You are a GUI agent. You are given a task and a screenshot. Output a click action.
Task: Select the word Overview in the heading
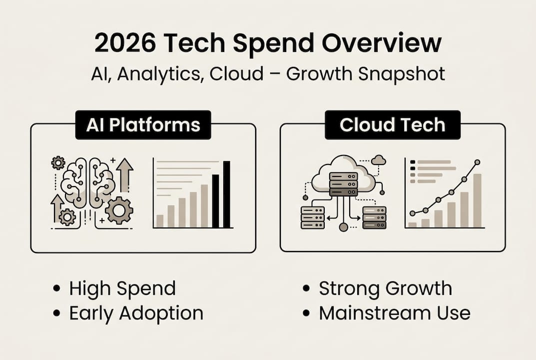pos(382,43)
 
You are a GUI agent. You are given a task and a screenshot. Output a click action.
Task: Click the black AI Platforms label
pos(143,125)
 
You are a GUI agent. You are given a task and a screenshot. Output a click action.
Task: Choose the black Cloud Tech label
pos(392,125)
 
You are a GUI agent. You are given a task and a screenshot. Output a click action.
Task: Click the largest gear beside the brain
pos(119,210)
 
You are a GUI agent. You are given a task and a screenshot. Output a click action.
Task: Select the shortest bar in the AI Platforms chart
pos(160,220)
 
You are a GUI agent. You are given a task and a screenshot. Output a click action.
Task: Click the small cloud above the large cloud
pos(379,159)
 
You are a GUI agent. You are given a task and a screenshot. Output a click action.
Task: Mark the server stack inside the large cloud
pos(343,183)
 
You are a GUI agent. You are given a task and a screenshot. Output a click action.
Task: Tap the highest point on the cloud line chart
pos(477,162)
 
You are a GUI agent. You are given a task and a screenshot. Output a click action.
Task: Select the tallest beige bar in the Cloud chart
pos(477,200)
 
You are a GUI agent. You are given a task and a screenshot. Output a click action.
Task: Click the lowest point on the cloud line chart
pos(412,213)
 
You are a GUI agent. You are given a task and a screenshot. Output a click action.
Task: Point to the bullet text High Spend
pos(122,288)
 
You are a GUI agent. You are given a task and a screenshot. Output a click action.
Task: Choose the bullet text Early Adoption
pos(136,313)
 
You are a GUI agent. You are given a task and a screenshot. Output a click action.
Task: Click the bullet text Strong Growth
pos(385,288)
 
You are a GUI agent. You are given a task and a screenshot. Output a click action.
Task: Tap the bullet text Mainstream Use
pos(395,313)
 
